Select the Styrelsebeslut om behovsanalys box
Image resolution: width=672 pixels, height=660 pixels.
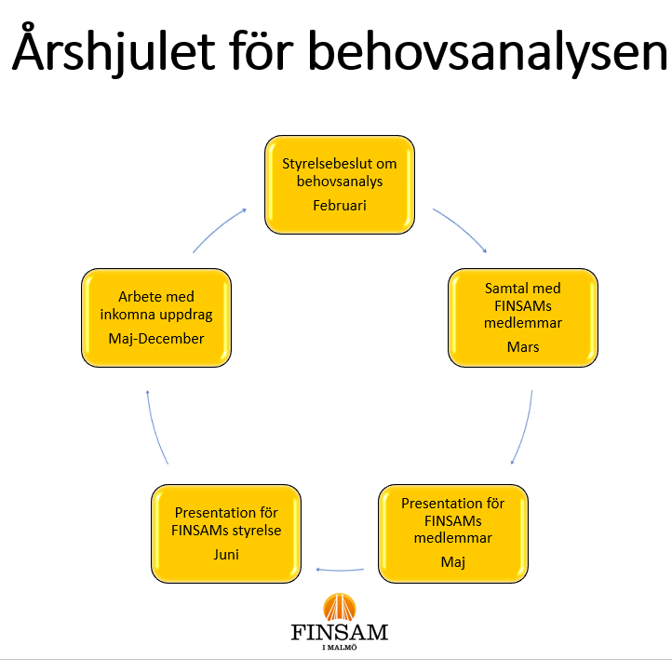(x=340, y=184)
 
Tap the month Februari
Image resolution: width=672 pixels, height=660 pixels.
(x=340, y=205)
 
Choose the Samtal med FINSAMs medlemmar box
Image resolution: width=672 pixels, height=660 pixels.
(x=523, y=317)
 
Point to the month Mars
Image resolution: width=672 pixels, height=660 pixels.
(x=523, y=347)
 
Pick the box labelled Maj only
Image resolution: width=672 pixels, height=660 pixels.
(x=452, y=532)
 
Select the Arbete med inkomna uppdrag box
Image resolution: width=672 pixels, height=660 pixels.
(x=156, y=317)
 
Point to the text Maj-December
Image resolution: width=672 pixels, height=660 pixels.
(x=156, y=338)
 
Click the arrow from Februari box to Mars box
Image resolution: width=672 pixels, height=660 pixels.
(x=463, y=229)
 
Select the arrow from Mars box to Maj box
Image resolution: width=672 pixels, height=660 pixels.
(x=525, y=428)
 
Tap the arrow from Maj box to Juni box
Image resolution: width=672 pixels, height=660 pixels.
(x=344, y=569)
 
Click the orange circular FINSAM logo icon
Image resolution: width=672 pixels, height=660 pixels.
(x=338, y=607)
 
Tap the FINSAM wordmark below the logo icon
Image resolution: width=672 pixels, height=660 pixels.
(x=338, y=634)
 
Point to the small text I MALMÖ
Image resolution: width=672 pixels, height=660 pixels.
(x=338, y=649)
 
